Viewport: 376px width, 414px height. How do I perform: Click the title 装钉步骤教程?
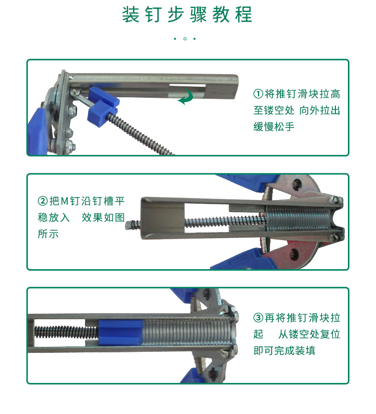(x=187, y=15)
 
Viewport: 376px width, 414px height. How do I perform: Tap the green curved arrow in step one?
(x=186, y=97)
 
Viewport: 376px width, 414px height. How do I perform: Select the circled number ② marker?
(x=43, y=201)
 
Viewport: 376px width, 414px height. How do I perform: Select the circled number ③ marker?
(x=258, y=318)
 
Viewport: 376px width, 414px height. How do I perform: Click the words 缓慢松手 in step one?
(x=274, y=127)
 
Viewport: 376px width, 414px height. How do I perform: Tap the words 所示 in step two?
(x=48, y=234)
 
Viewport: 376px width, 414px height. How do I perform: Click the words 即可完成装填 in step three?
(x=284, y=350)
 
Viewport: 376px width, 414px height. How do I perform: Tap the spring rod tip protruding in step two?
(x=132, y=225)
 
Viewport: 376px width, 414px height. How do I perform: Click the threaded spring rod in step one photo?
(x=145, y=136)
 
